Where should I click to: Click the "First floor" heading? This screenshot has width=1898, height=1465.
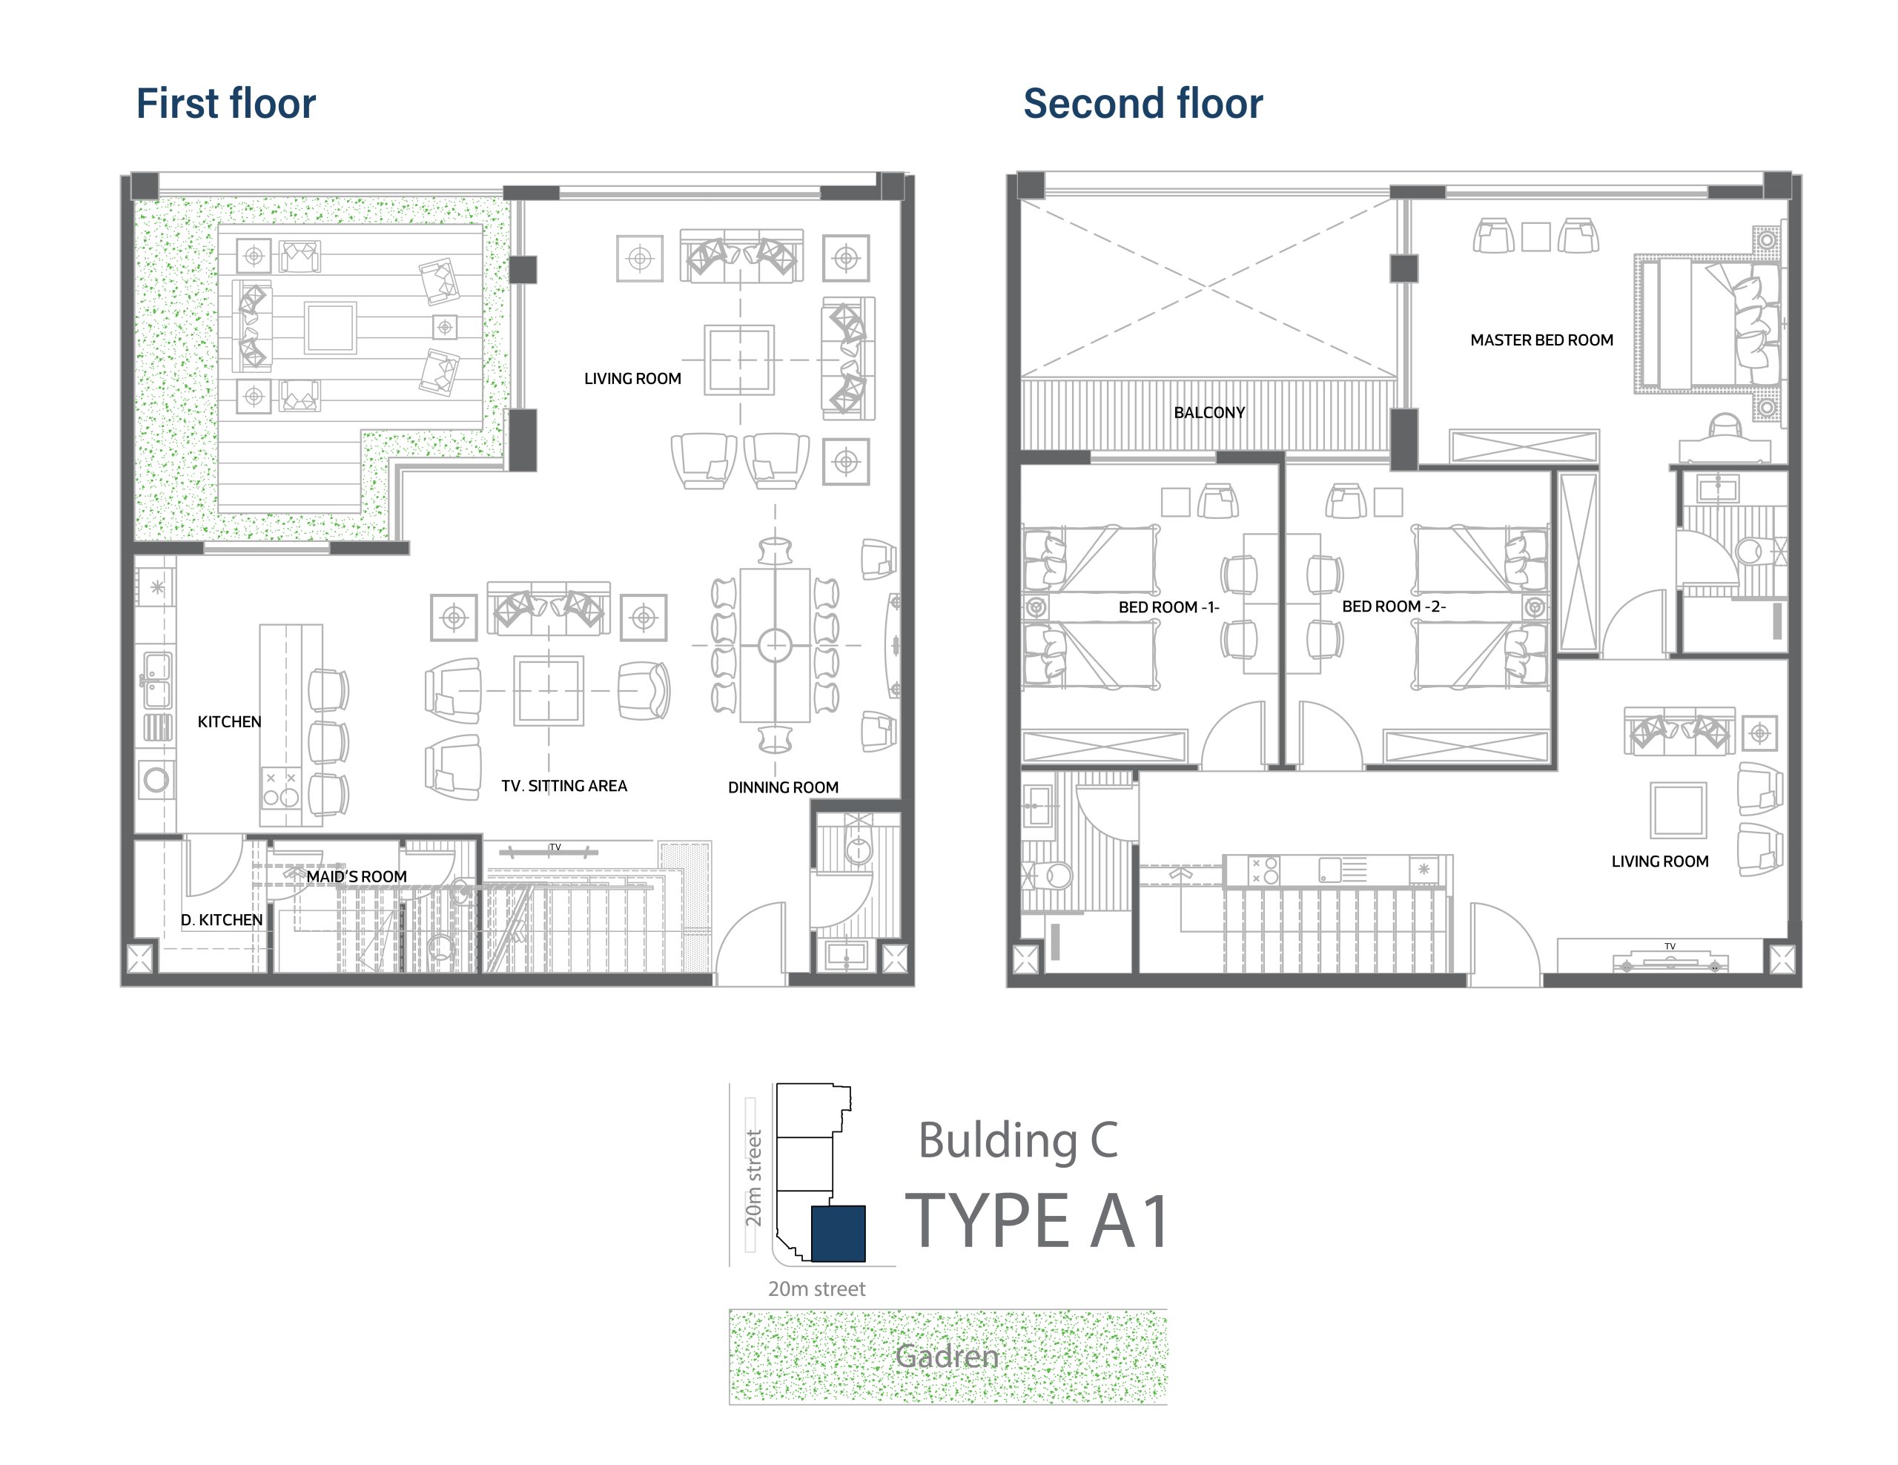[x=226, y=103]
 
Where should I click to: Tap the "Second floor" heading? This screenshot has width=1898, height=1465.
[x=1143, y=103]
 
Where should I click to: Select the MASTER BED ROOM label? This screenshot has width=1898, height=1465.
[x=1541, y=340]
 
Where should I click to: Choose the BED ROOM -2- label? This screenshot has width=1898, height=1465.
[x=1394, y=606]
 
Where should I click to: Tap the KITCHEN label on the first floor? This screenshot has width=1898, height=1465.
[x=229, y=722]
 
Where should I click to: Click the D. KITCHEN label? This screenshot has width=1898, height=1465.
[x=222, y=920]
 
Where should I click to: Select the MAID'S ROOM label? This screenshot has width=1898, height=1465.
[x=357, y=877]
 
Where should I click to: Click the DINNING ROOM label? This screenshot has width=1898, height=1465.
[x=783, y=788]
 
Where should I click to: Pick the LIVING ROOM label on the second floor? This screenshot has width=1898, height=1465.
[x=1660, y=862]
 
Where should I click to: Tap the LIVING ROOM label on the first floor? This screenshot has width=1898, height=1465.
[x=632, y=379]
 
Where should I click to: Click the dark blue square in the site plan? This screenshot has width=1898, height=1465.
[x=839, y=1234]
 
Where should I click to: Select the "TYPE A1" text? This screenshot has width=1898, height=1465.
[x=1039, y=1221]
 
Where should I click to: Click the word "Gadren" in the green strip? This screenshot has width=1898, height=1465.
[x=948, y=1356]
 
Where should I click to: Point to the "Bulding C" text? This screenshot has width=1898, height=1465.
[x=1019, y=1141]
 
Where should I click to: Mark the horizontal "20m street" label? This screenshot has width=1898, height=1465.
[x=817, y=1289]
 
